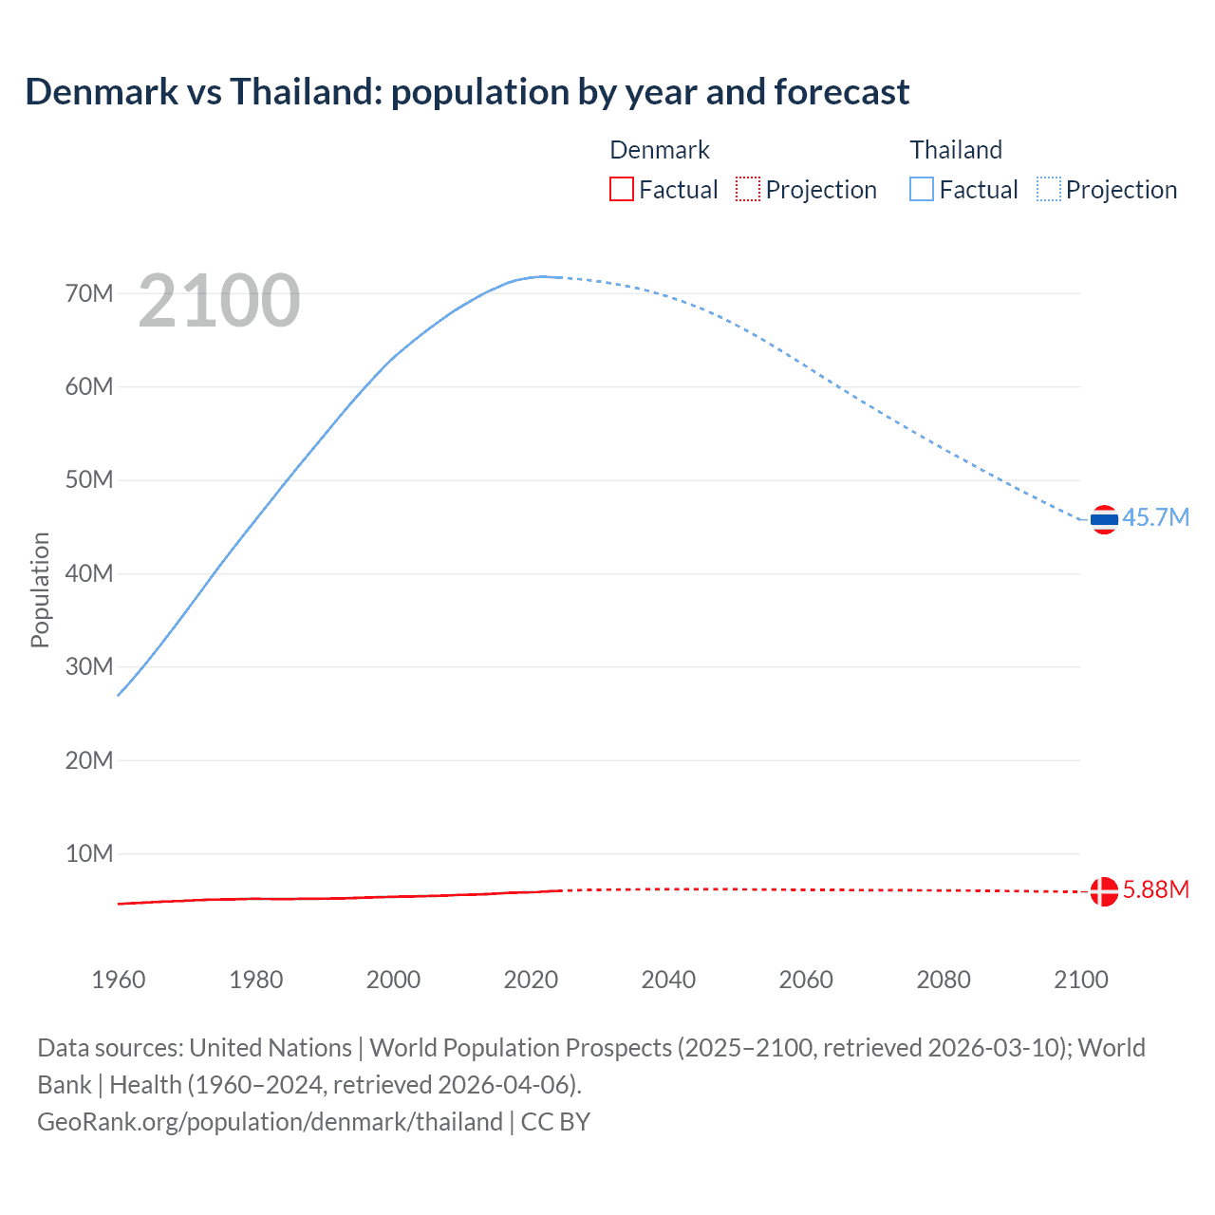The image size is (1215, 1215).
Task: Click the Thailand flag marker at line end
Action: click(1104, 519)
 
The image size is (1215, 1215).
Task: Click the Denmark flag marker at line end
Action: click(1104, 891)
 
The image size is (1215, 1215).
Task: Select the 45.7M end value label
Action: click(1155, 517)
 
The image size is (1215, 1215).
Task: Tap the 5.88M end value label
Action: click(1155, 889)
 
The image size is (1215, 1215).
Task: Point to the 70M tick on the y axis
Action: click(89, 293)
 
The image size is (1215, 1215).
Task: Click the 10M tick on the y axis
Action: click(89, 853)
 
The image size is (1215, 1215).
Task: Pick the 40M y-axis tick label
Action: click(89, 573)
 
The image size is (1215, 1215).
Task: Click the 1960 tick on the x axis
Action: click(119, 980)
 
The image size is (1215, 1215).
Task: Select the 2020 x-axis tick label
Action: click(531, 980)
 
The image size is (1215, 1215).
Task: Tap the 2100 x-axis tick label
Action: click(1080, 980)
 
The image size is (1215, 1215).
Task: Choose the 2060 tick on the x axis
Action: click(806, 980)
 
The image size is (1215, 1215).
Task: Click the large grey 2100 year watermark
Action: click(219, 301)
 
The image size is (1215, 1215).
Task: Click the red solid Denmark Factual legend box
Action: click(621, 189)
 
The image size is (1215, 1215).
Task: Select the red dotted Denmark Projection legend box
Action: click(748, 189)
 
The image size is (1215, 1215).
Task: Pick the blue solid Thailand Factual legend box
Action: click(922, 189)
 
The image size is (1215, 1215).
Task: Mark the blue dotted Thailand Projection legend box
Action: click(1049, 189)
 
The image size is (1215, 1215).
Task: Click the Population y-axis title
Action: click(40, 589)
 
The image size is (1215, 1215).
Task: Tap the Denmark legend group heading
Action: click(660, 150)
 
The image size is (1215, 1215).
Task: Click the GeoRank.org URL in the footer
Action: click(270, 1122)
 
